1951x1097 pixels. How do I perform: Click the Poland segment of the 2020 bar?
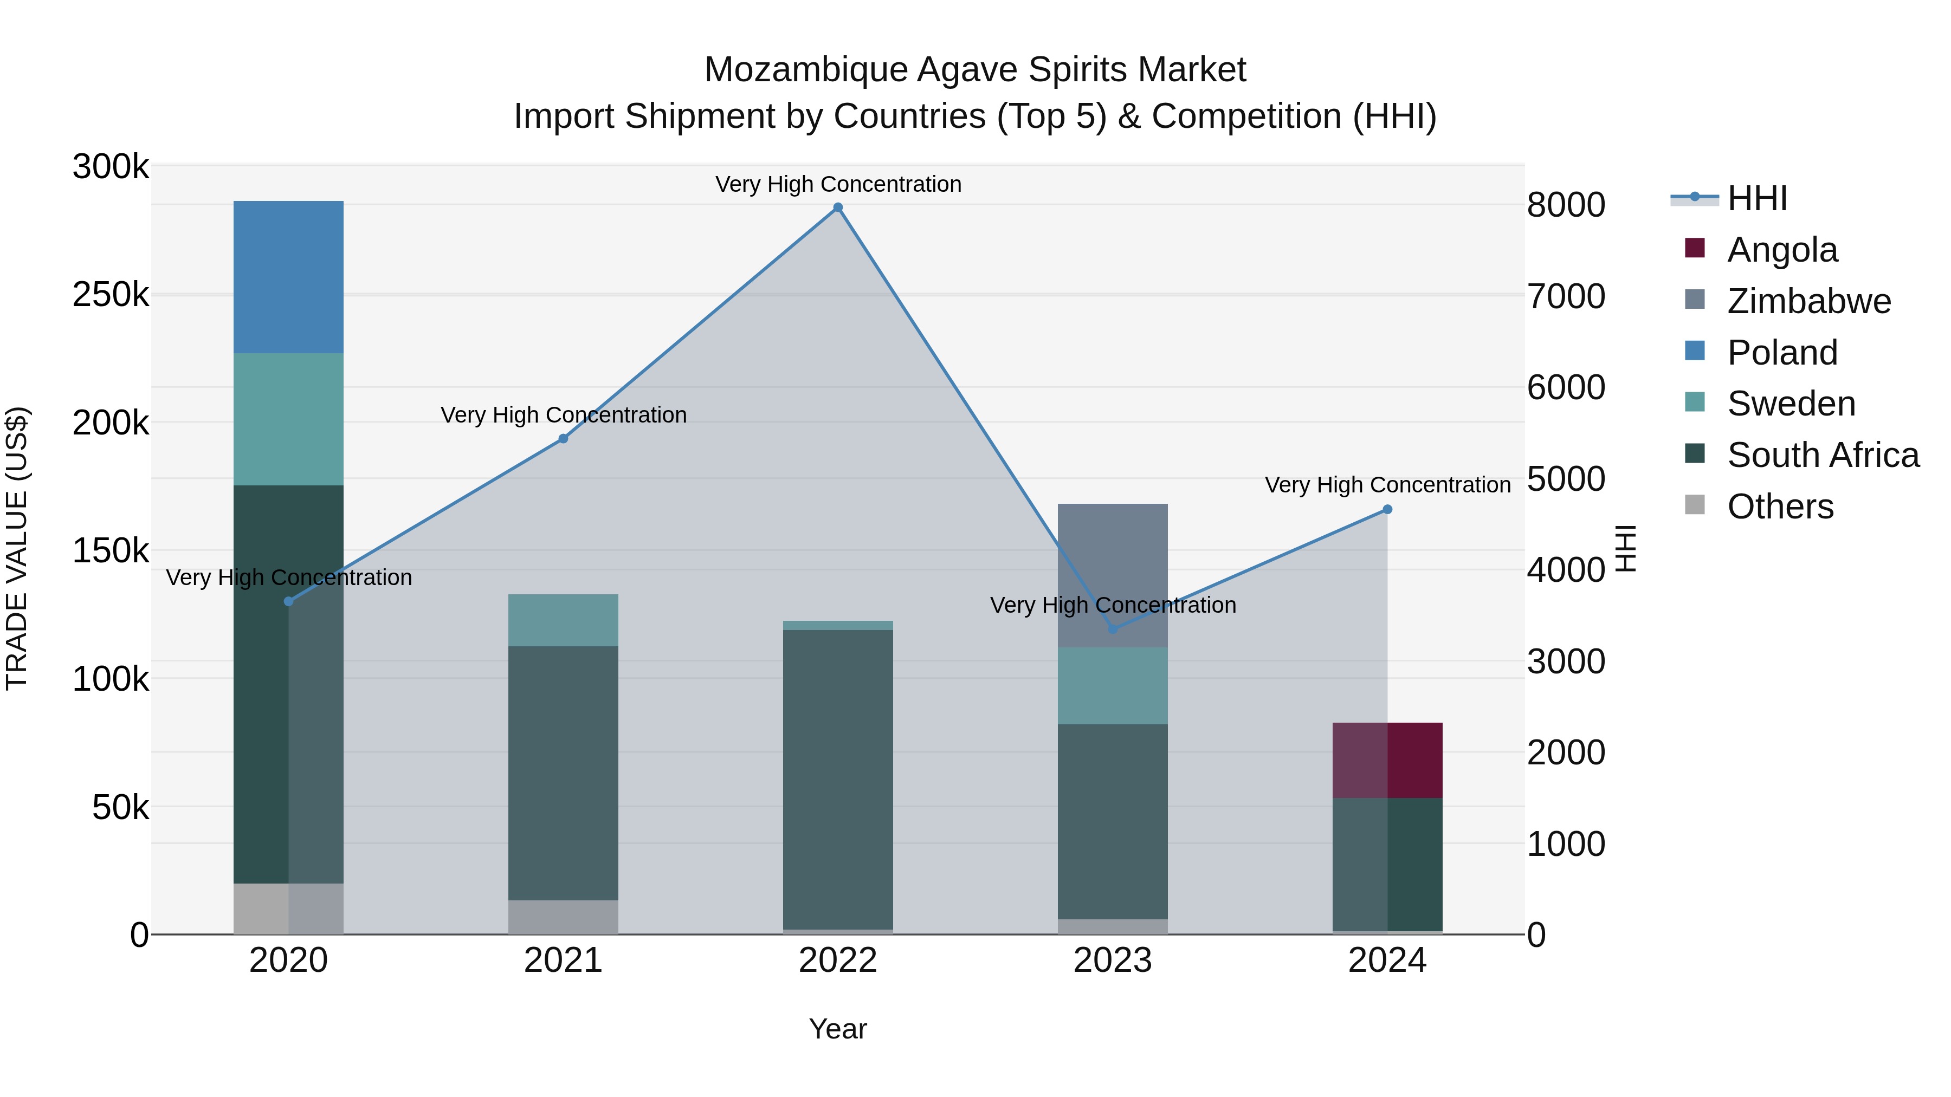pos(288,277)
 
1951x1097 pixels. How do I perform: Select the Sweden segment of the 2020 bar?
pos(288,419)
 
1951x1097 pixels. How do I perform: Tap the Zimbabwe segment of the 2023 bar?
pos(1112,575)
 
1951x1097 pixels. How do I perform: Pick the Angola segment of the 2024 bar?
pos(1387,760)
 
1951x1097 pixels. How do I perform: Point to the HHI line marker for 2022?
pos(838,207)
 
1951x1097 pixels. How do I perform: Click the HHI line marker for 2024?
pos(1387,510)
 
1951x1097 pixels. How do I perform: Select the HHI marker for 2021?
pos(563,438)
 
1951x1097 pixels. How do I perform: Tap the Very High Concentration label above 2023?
pos(1112,605)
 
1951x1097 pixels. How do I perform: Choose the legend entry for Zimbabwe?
pos(1808,301)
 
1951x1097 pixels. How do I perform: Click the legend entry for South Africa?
pos(1821,455)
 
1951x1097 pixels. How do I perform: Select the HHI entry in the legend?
pos(1756,198)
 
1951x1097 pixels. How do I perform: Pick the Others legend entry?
pos(1779,507)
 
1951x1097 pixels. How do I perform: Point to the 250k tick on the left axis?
pos(111,295)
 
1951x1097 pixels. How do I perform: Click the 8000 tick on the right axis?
pos(1565,205)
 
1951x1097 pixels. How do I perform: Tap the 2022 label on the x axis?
pos(838,960)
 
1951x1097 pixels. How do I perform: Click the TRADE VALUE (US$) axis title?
pos(17,548)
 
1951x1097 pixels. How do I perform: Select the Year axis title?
pos(838,1029)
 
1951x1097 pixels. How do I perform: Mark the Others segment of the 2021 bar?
pos(563,916)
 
